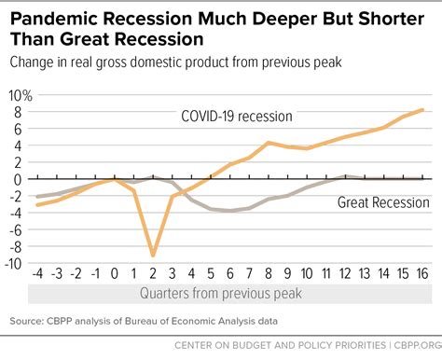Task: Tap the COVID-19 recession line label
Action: coord(237,117)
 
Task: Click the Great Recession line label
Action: coord(383,201)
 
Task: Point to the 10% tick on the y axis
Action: coord(20,95)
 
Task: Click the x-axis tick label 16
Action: coord(421,276)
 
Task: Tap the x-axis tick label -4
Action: coord(37,276)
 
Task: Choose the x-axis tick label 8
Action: coord(268,276)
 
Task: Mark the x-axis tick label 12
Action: coord(344,276)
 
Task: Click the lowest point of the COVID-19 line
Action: coord(153,255)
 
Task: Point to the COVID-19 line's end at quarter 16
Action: coord(423,110)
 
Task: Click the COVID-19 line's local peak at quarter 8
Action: coord(269,143)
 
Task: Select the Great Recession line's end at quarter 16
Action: coord(423,178)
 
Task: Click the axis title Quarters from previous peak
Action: coord(229,294)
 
